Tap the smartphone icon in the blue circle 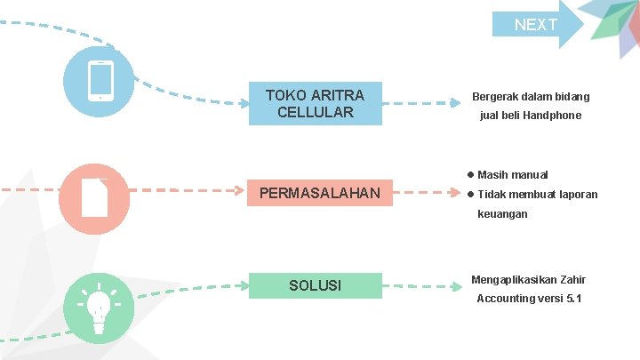point(101,81)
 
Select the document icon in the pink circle point(94,197)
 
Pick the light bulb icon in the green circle point(99,307)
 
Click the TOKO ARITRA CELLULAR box point(315,103)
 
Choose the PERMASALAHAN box point(319,193)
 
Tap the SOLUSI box point(315,285)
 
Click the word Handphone point(552,116)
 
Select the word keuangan point(502,214)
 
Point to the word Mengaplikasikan point(512,279)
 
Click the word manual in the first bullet point(530,174)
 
